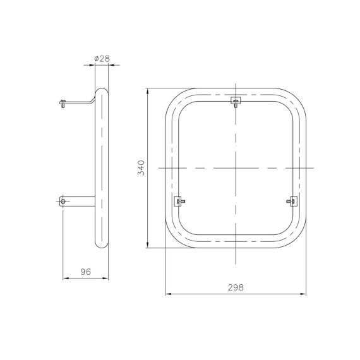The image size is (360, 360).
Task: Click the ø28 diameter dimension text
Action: [102, 59]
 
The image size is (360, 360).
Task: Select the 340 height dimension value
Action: [141, 168]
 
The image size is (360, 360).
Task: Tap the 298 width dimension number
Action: [236, 287]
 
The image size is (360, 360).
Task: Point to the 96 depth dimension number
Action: [86, 272]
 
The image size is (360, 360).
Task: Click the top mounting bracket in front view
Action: [236, 102]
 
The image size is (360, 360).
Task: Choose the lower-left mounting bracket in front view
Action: [179, 201]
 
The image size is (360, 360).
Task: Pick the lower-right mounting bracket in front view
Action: [292, 201]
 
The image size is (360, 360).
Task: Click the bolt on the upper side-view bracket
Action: [63, 104]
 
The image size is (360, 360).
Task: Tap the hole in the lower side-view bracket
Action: [63, 201]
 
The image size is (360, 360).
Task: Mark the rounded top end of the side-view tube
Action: [102, 90]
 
